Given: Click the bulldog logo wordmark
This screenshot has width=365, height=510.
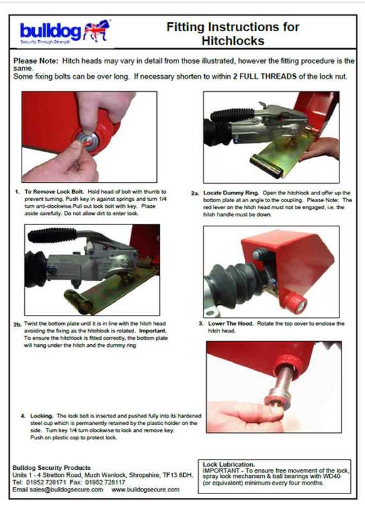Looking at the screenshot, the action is point(50,31).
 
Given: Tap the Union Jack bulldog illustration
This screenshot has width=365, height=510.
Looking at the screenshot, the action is point(97,31).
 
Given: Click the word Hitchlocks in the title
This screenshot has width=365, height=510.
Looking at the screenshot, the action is point(233,41).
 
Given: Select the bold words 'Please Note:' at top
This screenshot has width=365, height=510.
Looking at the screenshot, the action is point(36,61).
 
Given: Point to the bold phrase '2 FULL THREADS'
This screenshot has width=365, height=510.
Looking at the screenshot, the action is point(265,76).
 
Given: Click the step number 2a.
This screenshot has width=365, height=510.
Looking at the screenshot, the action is point(195,193).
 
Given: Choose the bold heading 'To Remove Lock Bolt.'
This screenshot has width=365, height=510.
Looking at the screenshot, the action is point(54,192).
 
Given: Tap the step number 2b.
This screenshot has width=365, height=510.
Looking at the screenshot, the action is point(17,324).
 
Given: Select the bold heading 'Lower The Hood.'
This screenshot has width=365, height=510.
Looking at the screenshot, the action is point(230,324).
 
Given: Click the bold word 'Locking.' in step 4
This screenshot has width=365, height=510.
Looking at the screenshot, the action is point(41,416).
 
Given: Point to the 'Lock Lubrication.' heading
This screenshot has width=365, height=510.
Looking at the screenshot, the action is point(228,464).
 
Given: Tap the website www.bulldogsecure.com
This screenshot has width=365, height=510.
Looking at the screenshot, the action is point(145,490).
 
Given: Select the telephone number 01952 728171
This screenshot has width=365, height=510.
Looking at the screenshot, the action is point(46,482).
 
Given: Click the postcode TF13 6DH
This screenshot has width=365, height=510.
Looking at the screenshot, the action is point(178,475).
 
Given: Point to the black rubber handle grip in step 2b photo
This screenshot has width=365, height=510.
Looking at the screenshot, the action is point(52,235).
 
